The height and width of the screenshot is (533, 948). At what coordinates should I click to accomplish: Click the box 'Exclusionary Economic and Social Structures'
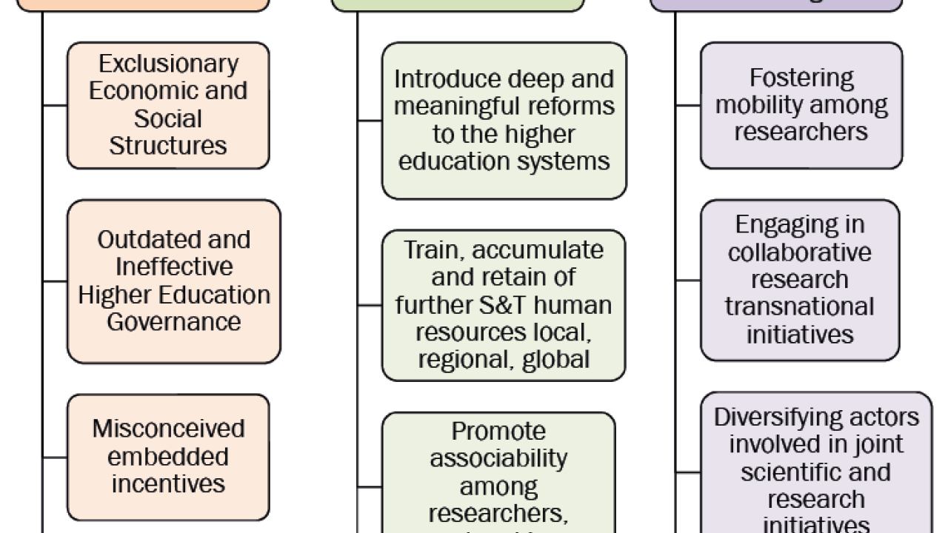click(168, 105)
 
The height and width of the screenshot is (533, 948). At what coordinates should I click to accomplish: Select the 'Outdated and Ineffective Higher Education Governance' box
click(173, 281)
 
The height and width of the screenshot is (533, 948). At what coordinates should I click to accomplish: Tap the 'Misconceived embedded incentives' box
click(168, 456)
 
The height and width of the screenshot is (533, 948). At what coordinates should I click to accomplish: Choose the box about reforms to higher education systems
click(504, 121)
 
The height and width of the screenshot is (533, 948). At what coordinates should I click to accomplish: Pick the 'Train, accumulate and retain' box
click(504, 305)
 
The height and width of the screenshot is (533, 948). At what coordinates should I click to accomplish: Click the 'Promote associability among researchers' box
click(498, 474)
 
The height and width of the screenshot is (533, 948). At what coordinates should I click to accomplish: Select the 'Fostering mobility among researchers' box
click(801, 105)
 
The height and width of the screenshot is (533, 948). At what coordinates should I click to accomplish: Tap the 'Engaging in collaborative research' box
click(800, 280)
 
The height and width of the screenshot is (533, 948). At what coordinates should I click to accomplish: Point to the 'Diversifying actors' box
click(816, 466)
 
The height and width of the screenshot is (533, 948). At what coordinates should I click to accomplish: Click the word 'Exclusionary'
click(168, 64)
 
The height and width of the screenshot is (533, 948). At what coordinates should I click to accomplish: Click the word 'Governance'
click(173, 322)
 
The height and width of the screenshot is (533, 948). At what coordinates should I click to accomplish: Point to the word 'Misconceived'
click(168, 429)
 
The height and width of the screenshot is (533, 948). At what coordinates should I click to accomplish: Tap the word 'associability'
click(498, 459)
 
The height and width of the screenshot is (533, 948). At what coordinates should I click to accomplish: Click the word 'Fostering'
click(801, 78)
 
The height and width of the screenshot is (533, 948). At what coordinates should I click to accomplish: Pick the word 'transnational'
click(800, 306)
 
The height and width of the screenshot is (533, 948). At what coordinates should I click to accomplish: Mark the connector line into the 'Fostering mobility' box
click(688, 105)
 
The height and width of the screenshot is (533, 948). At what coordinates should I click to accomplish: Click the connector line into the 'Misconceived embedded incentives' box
click(55, 456)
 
